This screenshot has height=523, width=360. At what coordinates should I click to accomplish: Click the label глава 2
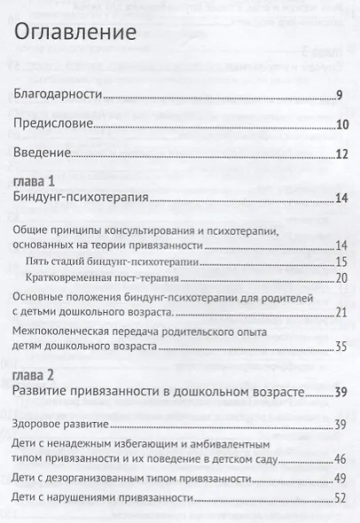35,375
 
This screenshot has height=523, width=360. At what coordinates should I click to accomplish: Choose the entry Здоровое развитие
66,424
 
